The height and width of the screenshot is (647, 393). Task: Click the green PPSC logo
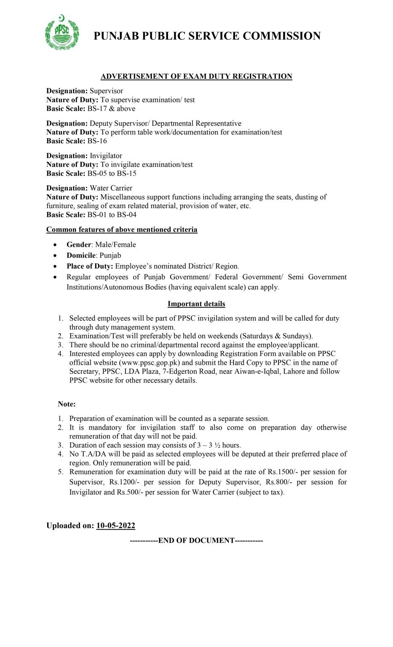coord(61,32)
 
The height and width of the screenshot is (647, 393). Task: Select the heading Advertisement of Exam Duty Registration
coord(196,76)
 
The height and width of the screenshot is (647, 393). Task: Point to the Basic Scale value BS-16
coord(97,141)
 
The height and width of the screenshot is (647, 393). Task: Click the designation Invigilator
coord(106,156)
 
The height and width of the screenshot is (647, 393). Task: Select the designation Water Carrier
coord(111,188)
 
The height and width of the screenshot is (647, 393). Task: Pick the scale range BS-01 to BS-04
coord(112,215)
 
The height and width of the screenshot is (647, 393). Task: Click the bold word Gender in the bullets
coord(79,245)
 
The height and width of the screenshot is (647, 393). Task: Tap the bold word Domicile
coord(81,256)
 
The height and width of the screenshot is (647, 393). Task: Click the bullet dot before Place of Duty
coord(56,267)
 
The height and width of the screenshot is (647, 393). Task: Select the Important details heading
coord(196,304)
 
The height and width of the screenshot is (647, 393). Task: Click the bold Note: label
coord(67,404)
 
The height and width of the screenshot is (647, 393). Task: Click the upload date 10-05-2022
coord(115,526)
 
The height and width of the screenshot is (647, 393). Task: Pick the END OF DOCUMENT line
coord(196,540)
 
